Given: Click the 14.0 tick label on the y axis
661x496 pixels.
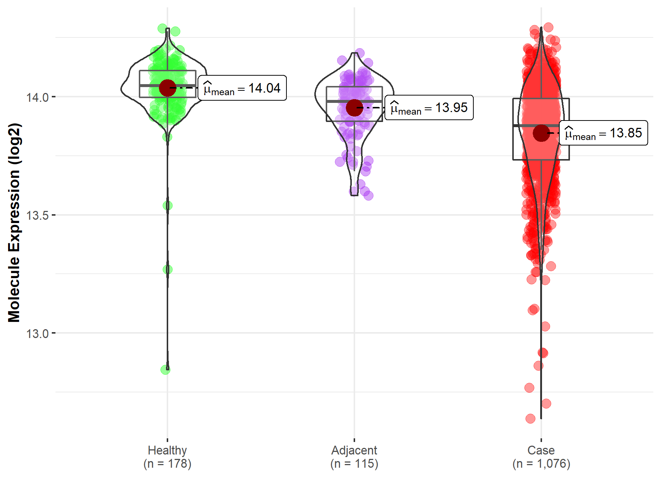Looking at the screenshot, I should (37, 97).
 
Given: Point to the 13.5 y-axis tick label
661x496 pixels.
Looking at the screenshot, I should (37, 215).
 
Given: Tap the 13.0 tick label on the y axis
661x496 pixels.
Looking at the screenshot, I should (37, 334).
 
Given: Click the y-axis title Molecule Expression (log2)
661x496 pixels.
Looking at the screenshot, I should (14, 223).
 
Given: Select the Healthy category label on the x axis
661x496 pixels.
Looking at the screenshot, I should (167, 450).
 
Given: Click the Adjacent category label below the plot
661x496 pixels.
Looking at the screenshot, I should (354, 450).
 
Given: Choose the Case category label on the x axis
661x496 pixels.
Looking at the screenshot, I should (541, 450).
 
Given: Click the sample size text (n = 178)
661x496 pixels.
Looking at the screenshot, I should (167, 464).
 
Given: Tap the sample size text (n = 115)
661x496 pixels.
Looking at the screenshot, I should (354, 464).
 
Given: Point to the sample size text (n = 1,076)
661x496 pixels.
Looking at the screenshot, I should (541, 464).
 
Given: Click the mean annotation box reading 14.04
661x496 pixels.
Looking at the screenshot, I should (242, 88).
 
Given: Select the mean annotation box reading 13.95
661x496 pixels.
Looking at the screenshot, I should (429, 108).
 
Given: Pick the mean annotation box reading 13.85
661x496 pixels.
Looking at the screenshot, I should (603, 133).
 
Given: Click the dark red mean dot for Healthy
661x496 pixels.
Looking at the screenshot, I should (167, 88).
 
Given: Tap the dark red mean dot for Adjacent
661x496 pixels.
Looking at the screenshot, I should (354, 108).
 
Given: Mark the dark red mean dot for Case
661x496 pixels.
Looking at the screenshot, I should (541, 133).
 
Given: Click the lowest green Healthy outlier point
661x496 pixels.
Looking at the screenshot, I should (166, 370).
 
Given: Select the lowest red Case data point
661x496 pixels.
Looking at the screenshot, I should (530, 418).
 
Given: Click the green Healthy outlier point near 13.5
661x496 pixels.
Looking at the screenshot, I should (167, 206).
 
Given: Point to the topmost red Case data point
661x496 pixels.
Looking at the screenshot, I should (548, 27).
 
